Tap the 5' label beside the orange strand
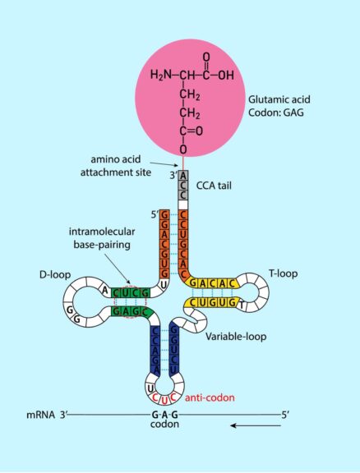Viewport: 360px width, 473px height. pos(154,216)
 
